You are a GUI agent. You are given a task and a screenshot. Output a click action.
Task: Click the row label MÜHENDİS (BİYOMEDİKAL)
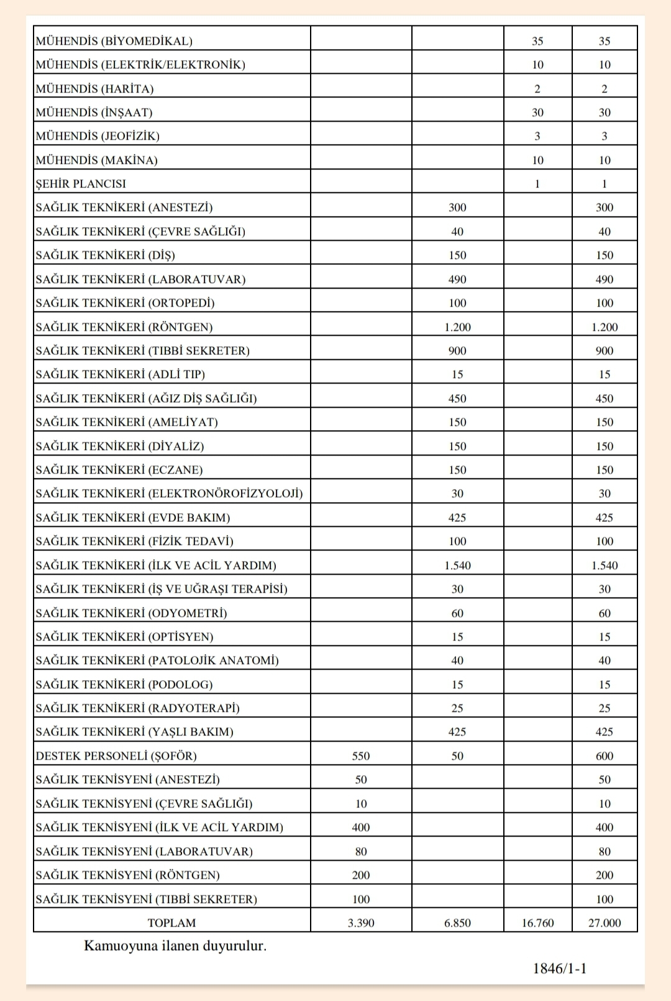(x=114, y=41)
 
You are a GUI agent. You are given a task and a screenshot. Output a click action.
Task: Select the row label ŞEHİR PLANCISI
(x=81, y=184)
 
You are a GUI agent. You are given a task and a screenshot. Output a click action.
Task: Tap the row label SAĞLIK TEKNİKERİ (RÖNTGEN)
(x=124, y=327)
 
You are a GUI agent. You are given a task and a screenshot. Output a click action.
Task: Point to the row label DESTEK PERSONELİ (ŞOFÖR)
(x=116, y=756)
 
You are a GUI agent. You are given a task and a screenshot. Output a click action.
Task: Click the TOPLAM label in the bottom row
(x=171, y=923)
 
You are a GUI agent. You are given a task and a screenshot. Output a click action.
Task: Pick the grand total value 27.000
(x=605, y=923)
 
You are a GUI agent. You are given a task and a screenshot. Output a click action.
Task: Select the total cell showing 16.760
(x=537, y=923)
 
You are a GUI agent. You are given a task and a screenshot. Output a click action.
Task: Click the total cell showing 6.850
(x=457, y=923)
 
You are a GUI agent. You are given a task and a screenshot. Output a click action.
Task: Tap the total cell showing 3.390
(x=361, y=923)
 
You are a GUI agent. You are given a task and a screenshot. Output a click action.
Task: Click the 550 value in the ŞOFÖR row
(x=361, y=756)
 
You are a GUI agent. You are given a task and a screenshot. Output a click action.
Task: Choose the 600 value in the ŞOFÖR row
(x=605, y=756)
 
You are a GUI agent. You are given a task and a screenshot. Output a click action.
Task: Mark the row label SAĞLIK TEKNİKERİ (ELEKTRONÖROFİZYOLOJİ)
(x=169, y=493)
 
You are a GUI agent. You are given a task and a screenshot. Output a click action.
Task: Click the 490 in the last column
(x=605, y=279)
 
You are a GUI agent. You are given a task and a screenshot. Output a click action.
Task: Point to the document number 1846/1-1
(x=560, y=968)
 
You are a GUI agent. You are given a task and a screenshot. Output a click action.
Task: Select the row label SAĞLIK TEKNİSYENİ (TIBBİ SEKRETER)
(x=146, y=899)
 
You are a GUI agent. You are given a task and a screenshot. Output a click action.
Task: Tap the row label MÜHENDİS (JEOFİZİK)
(x=98, y=136)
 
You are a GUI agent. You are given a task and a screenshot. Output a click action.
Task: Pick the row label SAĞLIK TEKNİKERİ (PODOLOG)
(x=124, y=685)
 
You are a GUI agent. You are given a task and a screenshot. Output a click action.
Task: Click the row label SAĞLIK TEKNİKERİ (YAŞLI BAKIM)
(x=134, y=732)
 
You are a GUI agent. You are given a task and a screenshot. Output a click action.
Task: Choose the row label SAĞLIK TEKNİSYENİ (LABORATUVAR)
(x=144, y=851)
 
